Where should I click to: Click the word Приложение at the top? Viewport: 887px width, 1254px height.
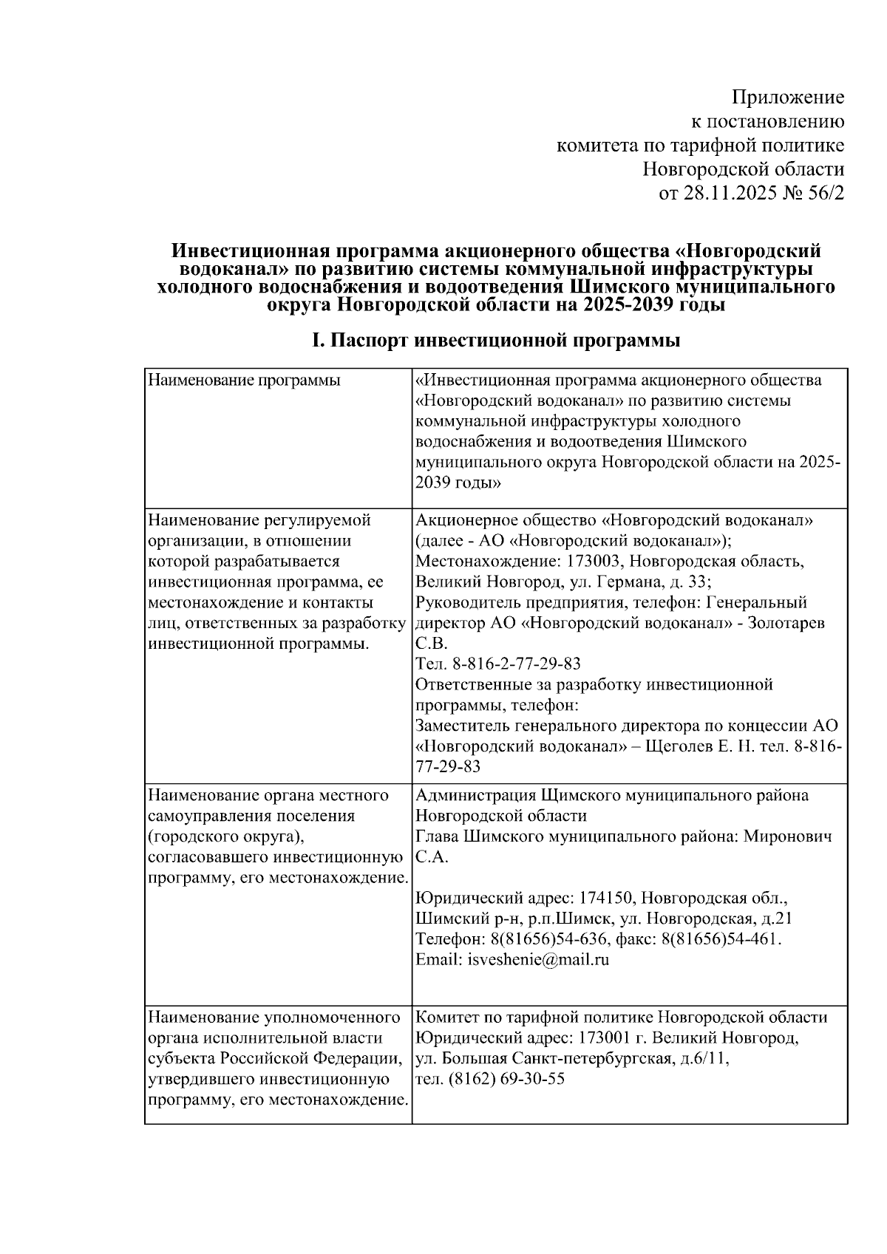pos(787,97)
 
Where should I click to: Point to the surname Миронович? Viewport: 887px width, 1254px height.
pos(787,836)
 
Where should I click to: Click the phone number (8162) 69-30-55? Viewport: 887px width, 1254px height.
pos(506,1079)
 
